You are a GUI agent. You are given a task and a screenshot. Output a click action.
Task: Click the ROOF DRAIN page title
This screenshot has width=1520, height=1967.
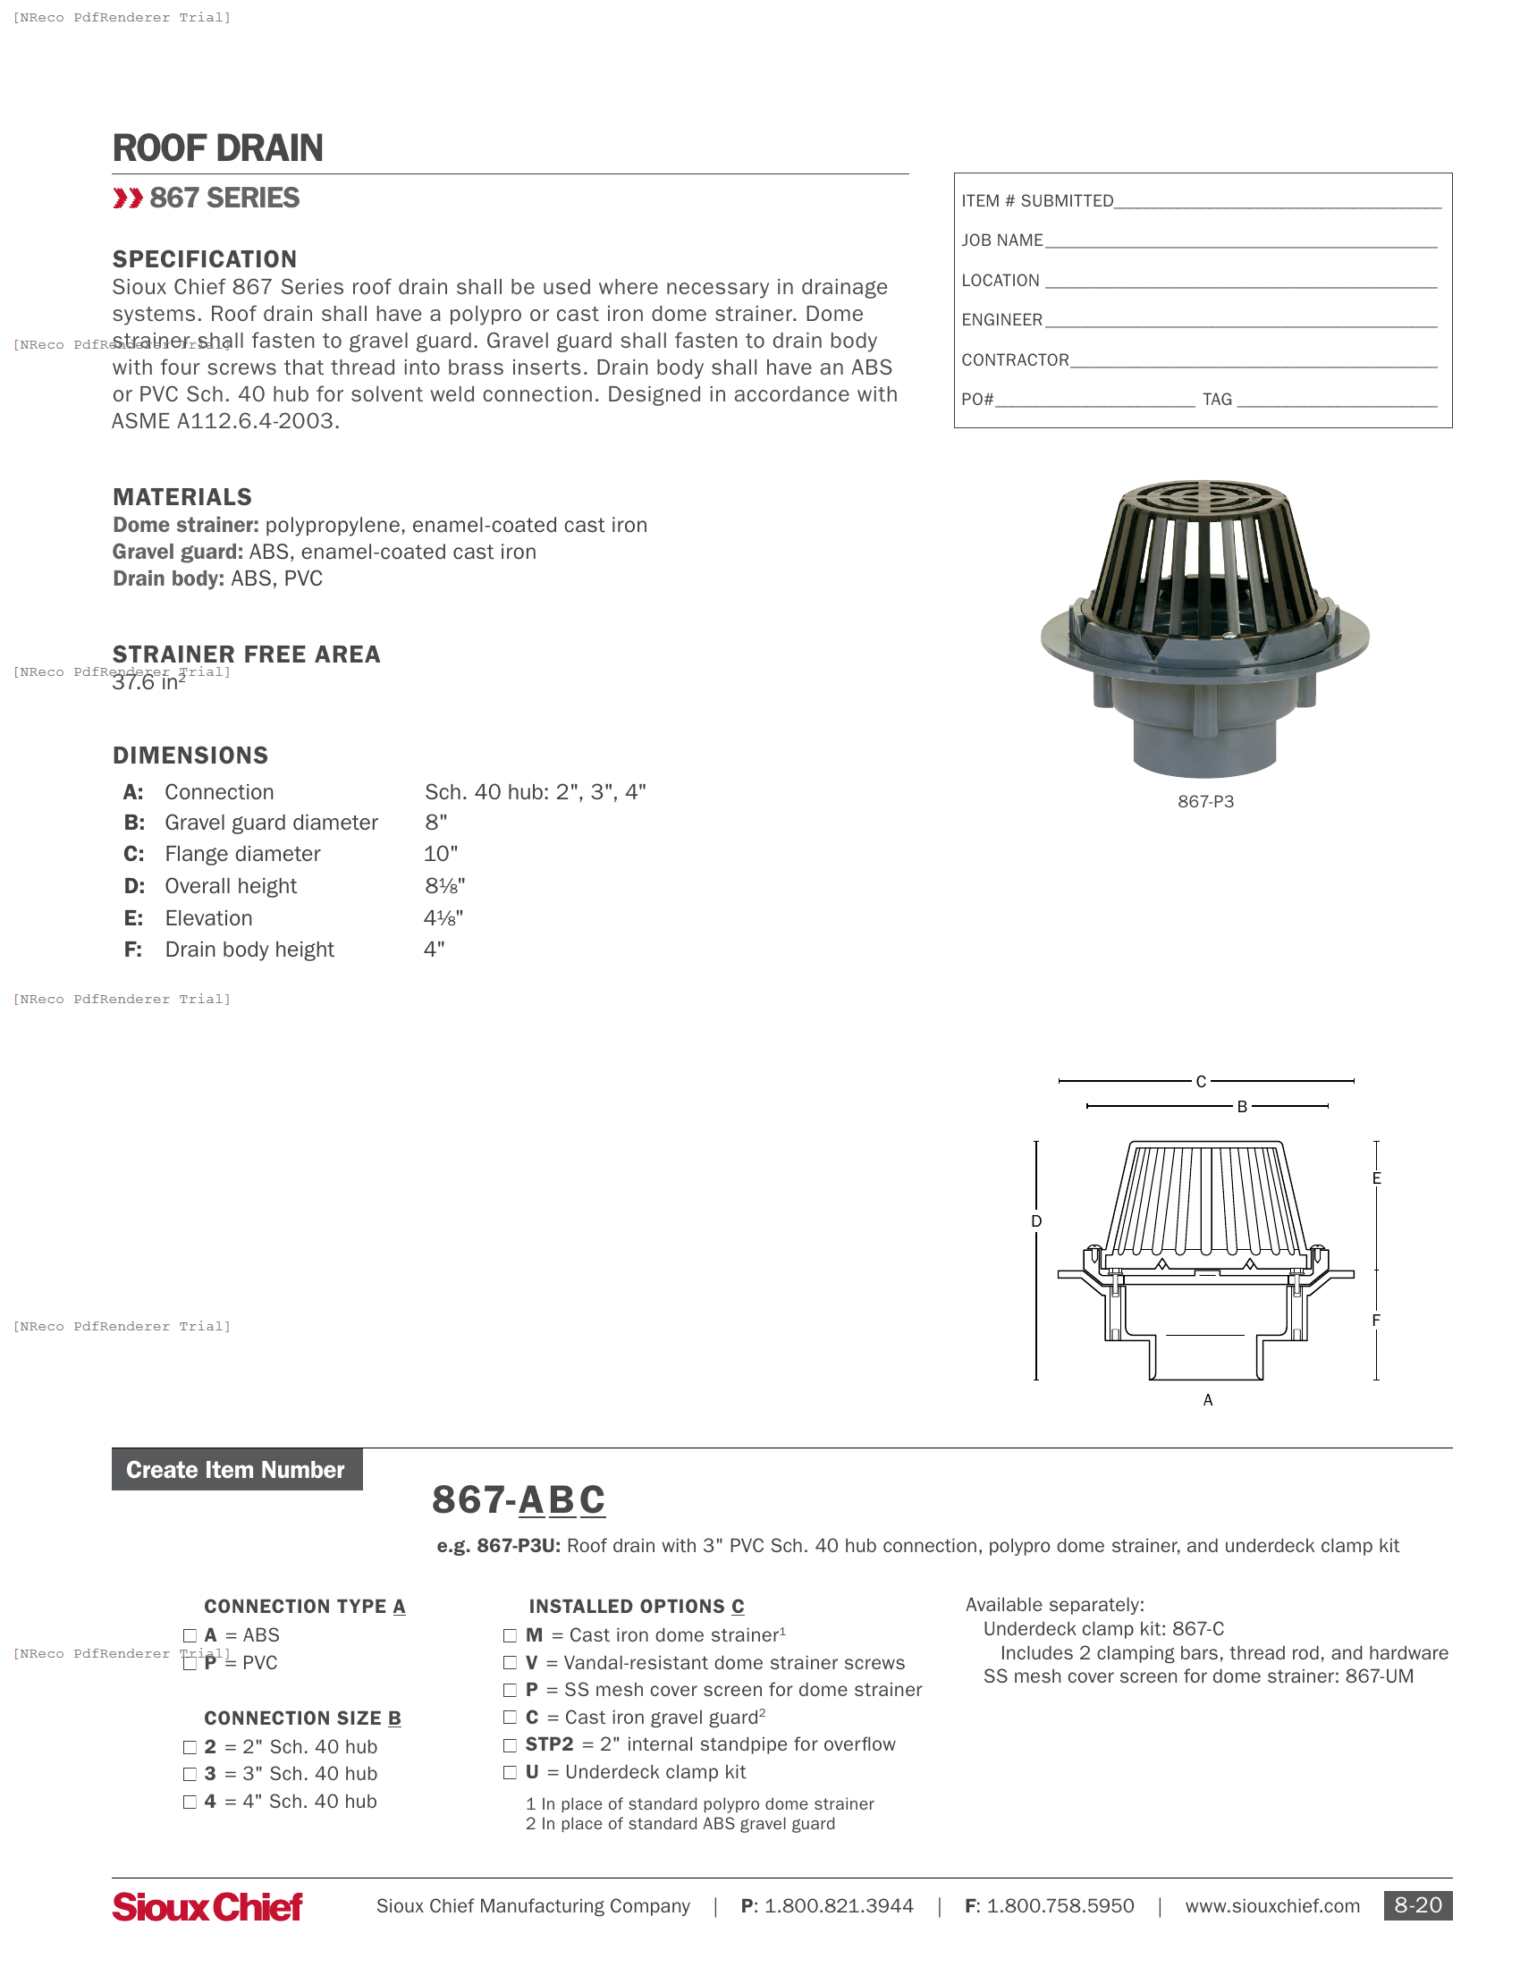(x=217, y=148)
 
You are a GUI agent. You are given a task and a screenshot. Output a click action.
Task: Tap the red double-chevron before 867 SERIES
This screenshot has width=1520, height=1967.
(x=128, y=198)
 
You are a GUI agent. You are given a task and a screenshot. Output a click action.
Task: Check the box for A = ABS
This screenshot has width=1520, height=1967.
(x=190, y=1635)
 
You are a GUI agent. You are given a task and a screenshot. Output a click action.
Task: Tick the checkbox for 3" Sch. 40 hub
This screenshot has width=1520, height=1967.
(x=190, y=1774)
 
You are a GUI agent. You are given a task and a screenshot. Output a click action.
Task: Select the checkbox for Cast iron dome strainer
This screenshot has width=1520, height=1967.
(x=510, y=1635)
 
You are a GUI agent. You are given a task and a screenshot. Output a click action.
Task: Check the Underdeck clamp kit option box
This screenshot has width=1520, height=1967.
(x=510, y=1772)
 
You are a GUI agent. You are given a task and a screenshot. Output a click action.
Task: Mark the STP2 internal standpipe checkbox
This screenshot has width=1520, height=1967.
(x=510, y=1745)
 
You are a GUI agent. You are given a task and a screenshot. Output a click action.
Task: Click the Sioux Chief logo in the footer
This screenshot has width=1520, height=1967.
(x=207, y=1907)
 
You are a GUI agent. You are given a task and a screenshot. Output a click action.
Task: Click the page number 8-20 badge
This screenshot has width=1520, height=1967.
(x=1417, y=1906)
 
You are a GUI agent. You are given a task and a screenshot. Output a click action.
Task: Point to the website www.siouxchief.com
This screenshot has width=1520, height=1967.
(x=1271, y=1907)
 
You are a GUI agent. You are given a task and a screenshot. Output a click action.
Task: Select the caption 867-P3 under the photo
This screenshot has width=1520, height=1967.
(x=1206, y=802)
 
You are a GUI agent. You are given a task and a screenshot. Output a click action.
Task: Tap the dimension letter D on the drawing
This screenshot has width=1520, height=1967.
(x=1036, y=1221)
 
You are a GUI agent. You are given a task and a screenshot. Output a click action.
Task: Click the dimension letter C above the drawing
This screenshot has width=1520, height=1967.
(x=1200, y=1082)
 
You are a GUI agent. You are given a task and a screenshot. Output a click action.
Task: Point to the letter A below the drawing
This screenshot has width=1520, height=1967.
(x=1208, y=1400)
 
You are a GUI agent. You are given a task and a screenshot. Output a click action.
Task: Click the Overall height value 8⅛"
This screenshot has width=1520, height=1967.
(x=445, y=886)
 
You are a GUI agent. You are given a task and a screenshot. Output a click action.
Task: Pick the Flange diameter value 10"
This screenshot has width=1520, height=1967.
(x=440, y=854)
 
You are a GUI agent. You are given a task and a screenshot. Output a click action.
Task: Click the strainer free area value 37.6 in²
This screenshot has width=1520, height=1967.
(x=148, y=683)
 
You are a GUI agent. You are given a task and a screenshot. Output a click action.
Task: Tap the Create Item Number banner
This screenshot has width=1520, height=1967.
(x=236, y=1470)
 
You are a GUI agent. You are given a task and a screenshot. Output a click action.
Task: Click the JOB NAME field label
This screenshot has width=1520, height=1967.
(x=1002, y=241)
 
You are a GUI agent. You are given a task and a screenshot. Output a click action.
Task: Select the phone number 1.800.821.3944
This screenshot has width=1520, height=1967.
(x=839, y=1907)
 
